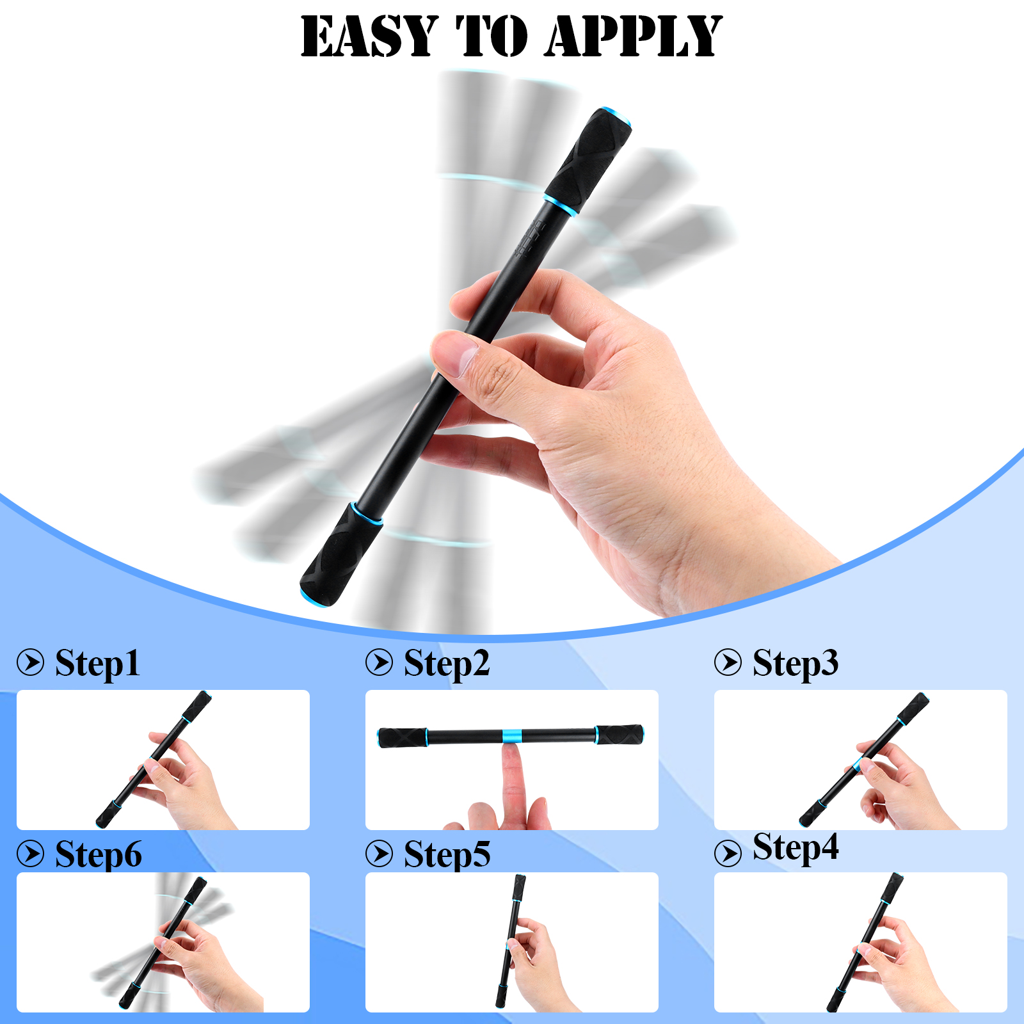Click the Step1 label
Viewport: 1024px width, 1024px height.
coord(97,664)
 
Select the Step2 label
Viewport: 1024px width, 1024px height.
coord(447,664)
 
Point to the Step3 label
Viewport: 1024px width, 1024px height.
coord(796,664)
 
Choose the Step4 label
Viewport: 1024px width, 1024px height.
coord(796,848)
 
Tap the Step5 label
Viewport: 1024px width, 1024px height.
coord(447,854)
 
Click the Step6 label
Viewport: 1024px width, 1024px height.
coord(98,854)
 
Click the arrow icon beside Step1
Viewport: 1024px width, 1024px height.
coord(31,662)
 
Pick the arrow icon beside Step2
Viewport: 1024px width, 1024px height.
coord(380,662)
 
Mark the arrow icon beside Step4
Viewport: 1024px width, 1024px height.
coord(728,853)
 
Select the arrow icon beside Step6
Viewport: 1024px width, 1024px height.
coord(31,853)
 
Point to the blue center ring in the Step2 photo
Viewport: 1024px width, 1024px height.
coord(511,736)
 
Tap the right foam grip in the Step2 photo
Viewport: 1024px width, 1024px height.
coord(620,735)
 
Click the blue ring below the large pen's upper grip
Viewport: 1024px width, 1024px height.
coord(561,204)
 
